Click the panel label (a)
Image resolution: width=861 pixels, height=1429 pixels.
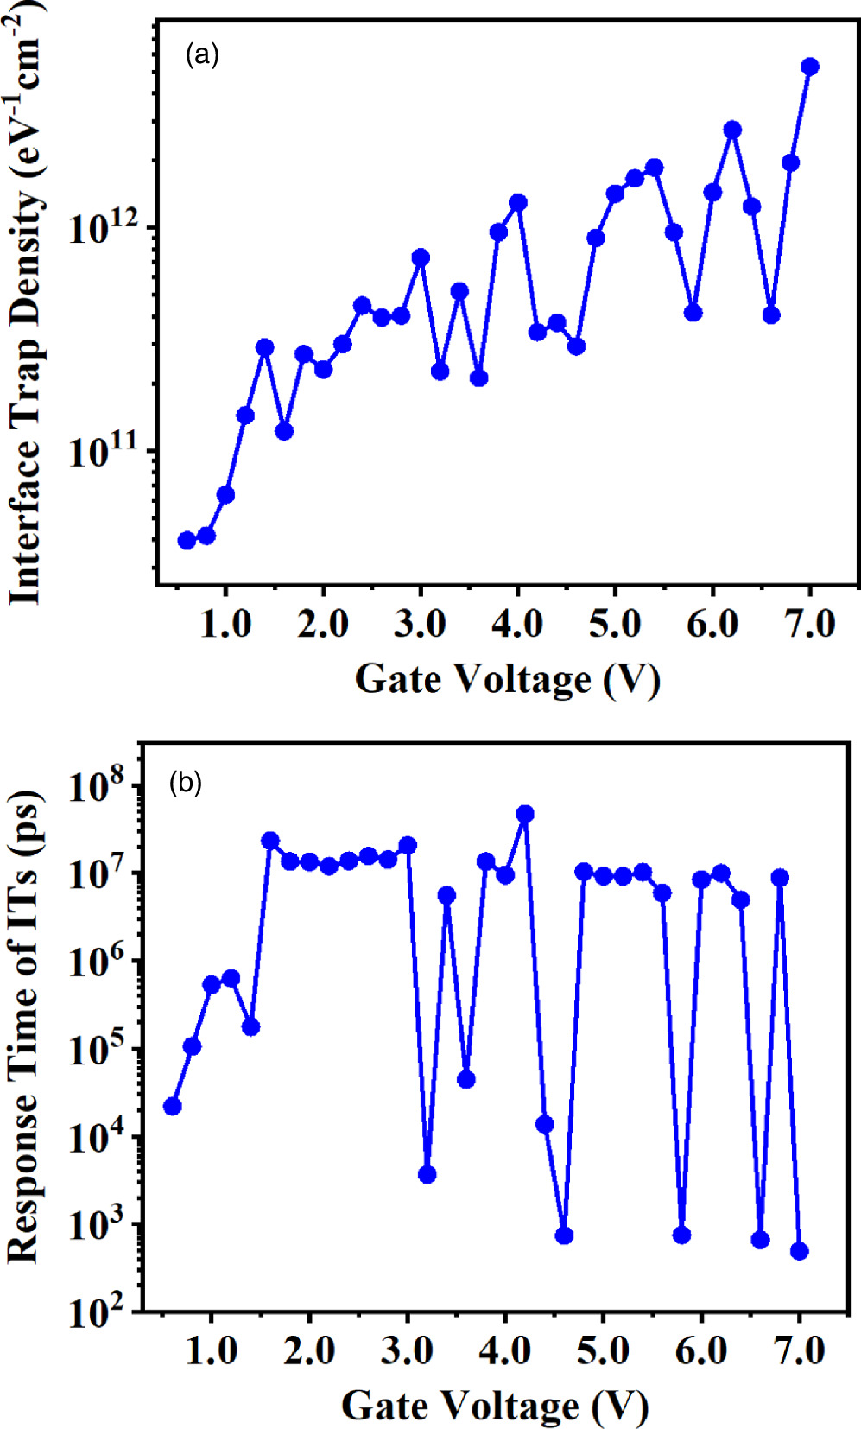pyautogui.click(x=202, y=56)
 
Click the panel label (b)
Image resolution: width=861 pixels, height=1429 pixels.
pyautogui.click(x=186, y=784)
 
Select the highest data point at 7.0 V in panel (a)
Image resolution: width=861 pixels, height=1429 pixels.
pyautogui.click(x=810, y=67)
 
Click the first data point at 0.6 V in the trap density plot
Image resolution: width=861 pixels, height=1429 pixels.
pyautogui.click(x=187, y=540)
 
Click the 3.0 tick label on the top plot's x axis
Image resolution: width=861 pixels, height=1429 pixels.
pyautogui.click(x=420, y=624)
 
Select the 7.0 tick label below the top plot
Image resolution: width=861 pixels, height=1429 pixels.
pyautogui.click(x=809, y=624)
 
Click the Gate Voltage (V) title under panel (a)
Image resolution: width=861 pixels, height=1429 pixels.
pyautogui.click(x=507, y=679)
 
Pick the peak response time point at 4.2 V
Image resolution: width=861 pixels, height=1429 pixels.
pyautogui.click(x=524, y=814)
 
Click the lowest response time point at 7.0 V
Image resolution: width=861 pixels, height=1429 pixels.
pyautogui.click(x=799, y=1251)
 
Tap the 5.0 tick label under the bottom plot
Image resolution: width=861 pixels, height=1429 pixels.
pyautogui.click(x=603, y=1350)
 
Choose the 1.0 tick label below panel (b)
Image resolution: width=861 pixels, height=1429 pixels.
pyautogui.click(x=212, y=1350)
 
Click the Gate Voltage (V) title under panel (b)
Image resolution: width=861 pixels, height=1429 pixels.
pyautogui.click(x=494, y=1406)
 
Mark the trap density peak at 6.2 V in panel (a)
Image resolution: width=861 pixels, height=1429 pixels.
pyautogui.click(x=732, y=130)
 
